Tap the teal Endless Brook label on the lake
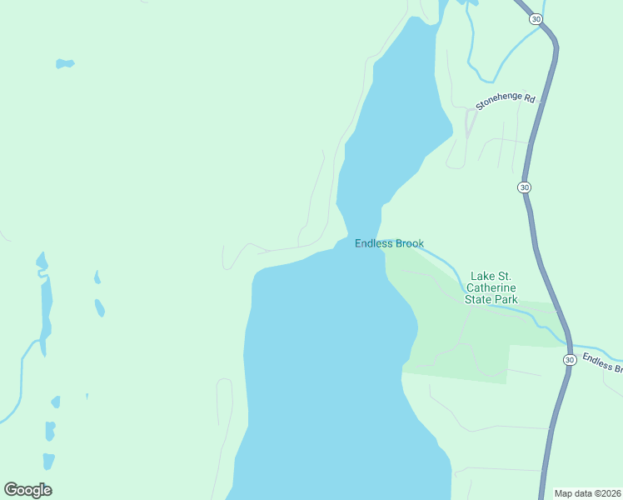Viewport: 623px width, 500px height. pyautogui.click(x=389, y=243)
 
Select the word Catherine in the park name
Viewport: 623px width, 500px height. pyautogui.click(x=494, y=287)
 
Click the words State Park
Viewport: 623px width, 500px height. pyautogui.click(x=494, y=299)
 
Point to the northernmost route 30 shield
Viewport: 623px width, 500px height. pyautogui.click(x=535, y=19)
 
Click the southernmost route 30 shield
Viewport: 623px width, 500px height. pyautogui.click(x=569, y=359)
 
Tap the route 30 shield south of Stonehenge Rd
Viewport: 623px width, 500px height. pyautogui.click(x=524, y=187)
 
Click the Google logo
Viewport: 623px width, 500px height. pyautogui.click(x=27, y=490)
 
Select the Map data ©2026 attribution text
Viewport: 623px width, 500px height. pyautogui.click(x=587, y=493)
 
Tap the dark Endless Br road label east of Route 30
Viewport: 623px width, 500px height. pyautogui.click(x=602, y=363)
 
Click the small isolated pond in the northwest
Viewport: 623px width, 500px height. pyautogui.click(x=64, y=63)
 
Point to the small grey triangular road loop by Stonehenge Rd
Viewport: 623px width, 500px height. pyautogui.click(x=470, y=122)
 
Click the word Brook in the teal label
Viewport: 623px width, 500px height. pyautogui.click(x=409, y=243)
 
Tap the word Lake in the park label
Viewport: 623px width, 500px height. pyautogui.click(x=482, y=276)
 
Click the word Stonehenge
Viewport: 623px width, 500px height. pyautogui.click(x=498, y=102)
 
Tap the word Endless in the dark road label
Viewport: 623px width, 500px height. pyautogui.click(x=597, y=361)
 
